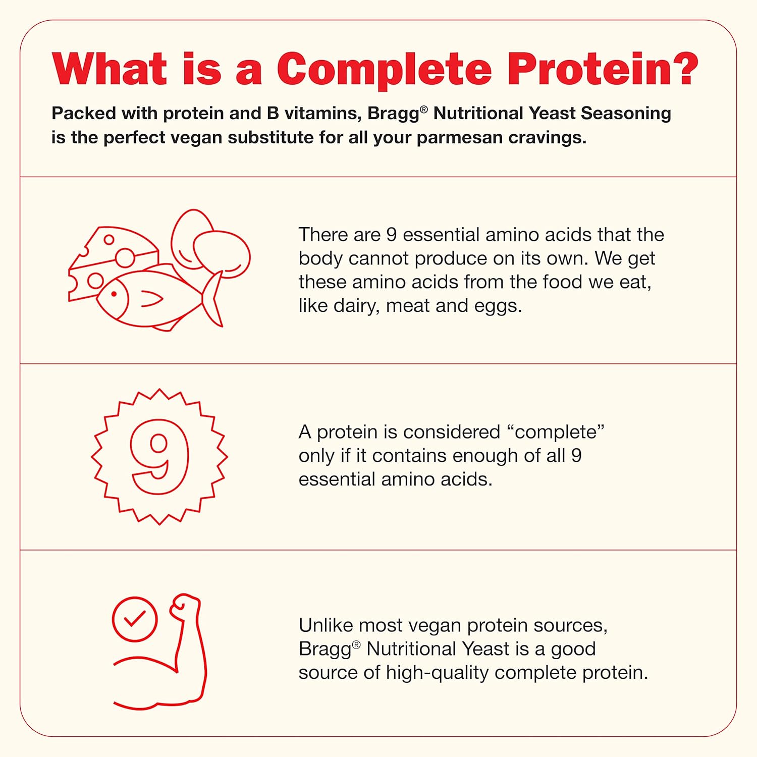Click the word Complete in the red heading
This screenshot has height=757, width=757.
click(384, 70)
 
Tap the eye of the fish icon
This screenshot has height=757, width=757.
click(114, 294)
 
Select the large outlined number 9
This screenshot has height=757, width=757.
click(159, 456)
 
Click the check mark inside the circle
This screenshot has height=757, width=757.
click(135, 619)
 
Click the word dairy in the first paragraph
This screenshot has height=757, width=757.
click(354, 306)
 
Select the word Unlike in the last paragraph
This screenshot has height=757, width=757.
click(326, 625)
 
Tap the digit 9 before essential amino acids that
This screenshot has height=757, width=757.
click(391, 235)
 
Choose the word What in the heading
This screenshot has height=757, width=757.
click(109, 70)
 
